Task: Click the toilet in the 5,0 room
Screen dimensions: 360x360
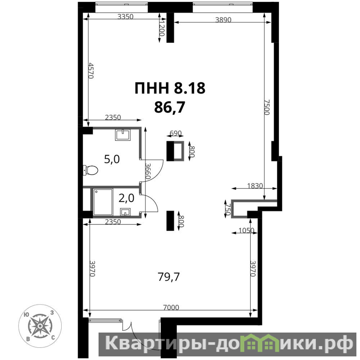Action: coord(91,170)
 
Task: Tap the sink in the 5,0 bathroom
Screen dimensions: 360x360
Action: coord(123,135)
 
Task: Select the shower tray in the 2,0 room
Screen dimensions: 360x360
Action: coord(103,202)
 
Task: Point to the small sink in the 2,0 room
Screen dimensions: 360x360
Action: coord(125,212)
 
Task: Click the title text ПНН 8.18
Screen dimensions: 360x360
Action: coord(170,88)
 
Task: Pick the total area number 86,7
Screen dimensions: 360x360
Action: coord(170,107)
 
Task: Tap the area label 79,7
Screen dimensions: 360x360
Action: coord(169,277)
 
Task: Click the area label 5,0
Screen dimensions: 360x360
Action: coord(112,159)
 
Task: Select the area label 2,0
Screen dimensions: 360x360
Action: coord(126,198)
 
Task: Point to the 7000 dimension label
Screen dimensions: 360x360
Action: coord(171,307)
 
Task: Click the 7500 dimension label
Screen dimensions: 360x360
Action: coord(267,107)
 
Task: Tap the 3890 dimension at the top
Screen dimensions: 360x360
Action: coord(223,20)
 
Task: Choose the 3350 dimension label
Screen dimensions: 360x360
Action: coord(126,17)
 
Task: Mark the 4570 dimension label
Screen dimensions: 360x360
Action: coord(91,71)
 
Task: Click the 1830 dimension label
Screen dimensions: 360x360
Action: coord(255,185)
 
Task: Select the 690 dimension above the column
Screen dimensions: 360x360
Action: coord(175,133)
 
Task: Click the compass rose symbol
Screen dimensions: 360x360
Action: coord(40,326)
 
